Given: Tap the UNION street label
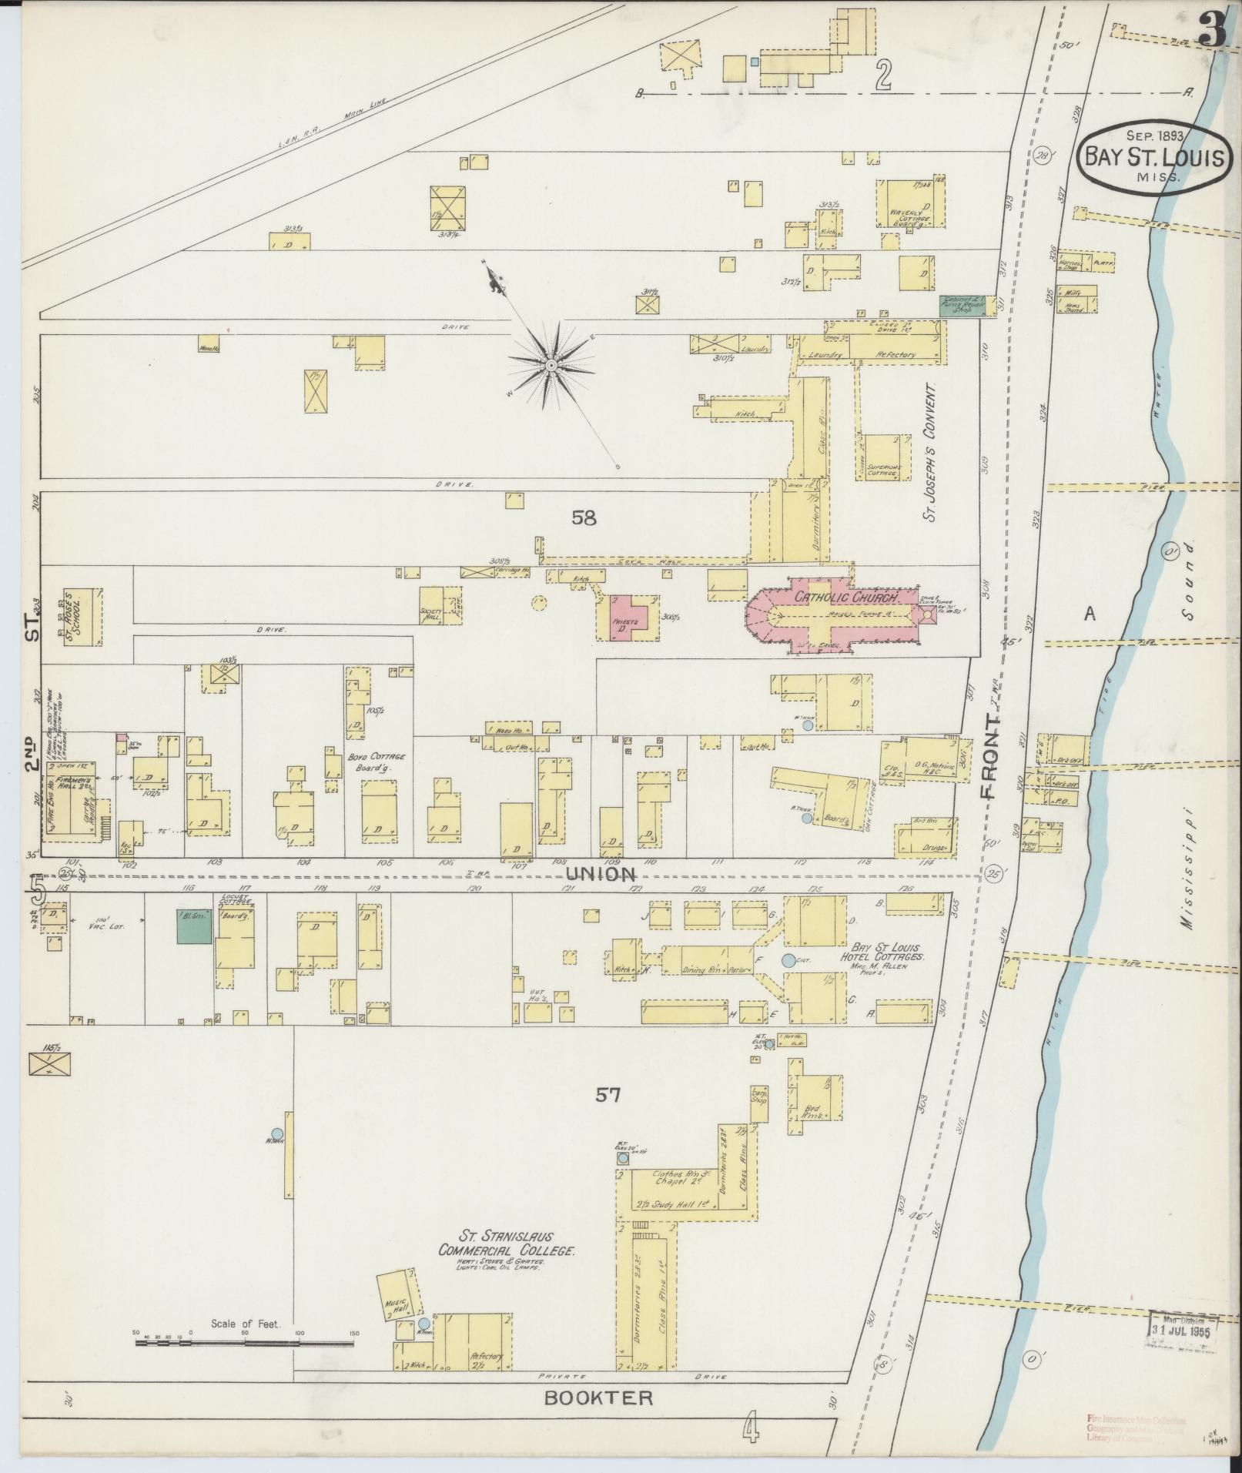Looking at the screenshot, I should [601, 874].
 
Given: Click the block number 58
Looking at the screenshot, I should [584, 518].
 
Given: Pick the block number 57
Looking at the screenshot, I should [607, 1094].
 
